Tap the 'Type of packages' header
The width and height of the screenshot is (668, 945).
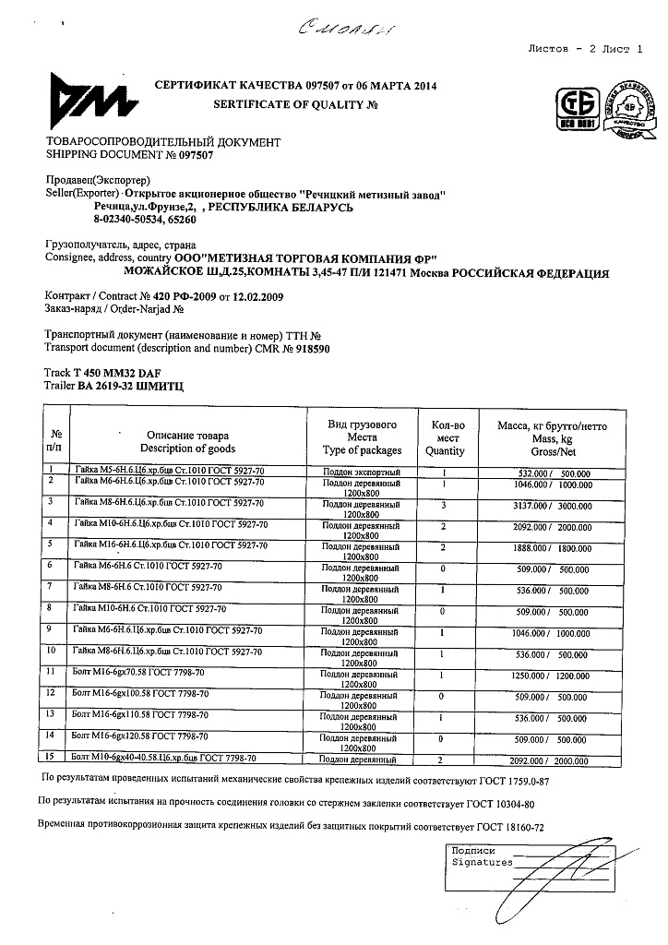pos(362,450)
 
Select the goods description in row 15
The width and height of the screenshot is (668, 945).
pos(163,758)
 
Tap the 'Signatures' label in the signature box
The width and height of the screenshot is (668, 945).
pos(481,862)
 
